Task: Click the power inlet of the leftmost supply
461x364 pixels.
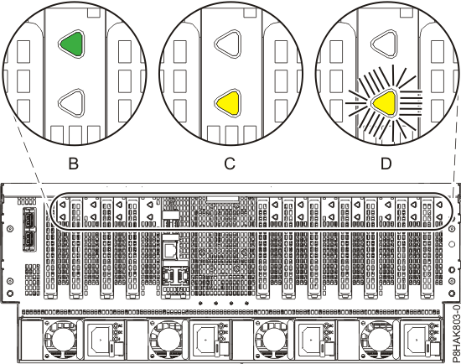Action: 102,342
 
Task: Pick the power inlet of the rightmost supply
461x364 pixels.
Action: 419,342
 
